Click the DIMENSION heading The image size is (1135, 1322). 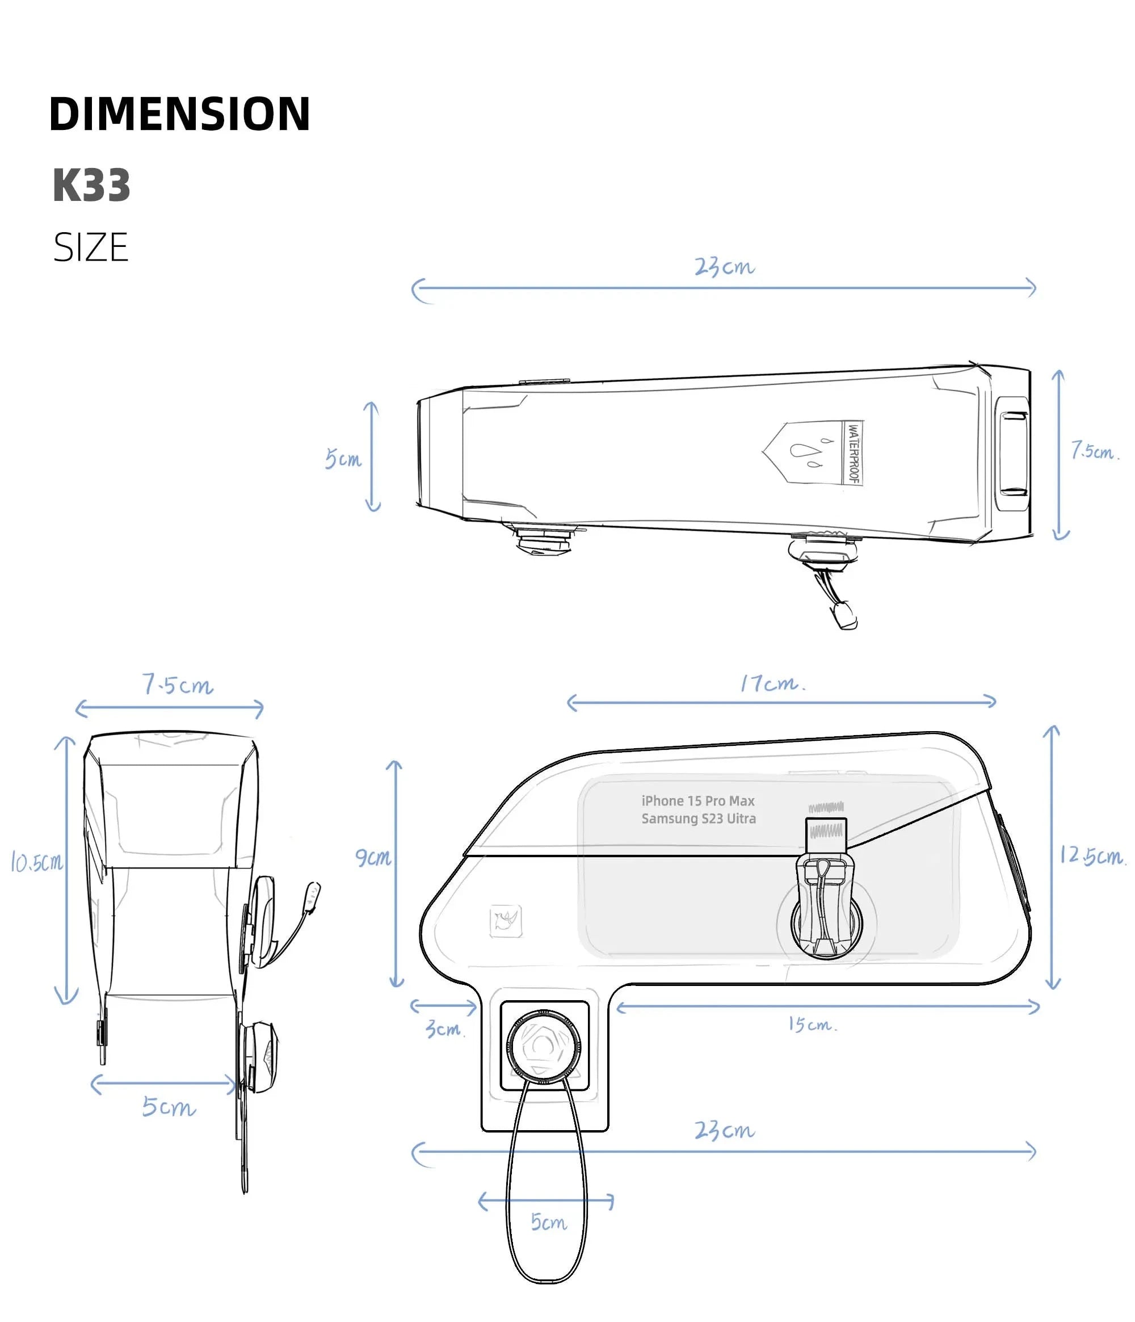179,114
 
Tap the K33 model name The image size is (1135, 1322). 91,186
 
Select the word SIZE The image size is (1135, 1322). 91,247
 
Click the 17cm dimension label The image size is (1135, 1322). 771,684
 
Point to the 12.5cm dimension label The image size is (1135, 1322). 1092,855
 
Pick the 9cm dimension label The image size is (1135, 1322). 373,857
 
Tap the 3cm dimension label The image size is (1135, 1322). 444,1029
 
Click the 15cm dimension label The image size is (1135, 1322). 811,1024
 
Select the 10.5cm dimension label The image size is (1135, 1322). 37,862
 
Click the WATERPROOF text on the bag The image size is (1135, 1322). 853,453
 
